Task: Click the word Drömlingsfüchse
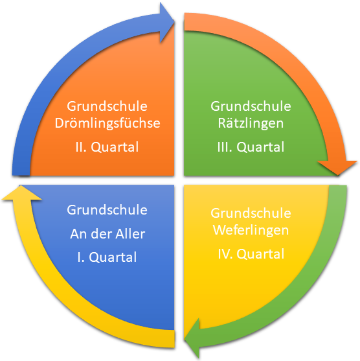pos(107,123)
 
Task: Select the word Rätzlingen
pos(251,123)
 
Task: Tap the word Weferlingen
pos(251,230)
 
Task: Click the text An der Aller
pos(107,234)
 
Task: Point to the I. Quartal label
pos(107,257)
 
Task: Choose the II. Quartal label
pos(107,147)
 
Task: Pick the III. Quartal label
pos(251,147)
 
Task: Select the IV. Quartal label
pos(251,253)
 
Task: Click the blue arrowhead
pos(166,23)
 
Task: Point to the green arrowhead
pos(192,338)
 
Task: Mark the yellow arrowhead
pos(21,193)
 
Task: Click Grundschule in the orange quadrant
pos(107,106)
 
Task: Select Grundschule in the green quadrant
pos(251,106)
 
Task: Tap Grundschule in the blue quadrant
pos(107,210)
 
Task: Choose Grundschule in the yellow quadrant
pos(251,213)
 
